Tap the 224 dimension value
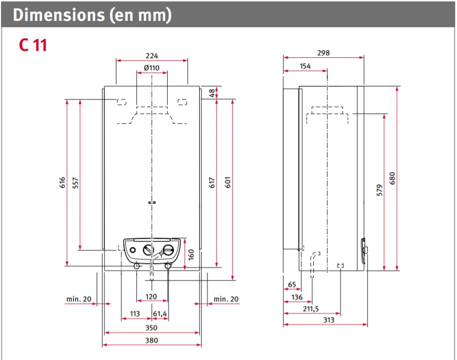point(152,56)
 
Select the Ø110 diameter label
point(152,68)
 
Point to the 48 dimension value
point(212,93)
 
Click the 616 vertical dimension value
point(63,183)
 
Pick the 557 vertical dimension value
point(75,183)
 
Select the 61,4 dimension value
point(160,314)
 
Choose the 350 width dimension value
point(152,327)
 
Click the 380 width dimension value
point(152,341)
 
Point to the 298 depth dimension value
point(323,53)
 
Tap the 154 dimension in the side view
point(305,66)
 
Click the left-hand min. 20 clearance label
point(78,299)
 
